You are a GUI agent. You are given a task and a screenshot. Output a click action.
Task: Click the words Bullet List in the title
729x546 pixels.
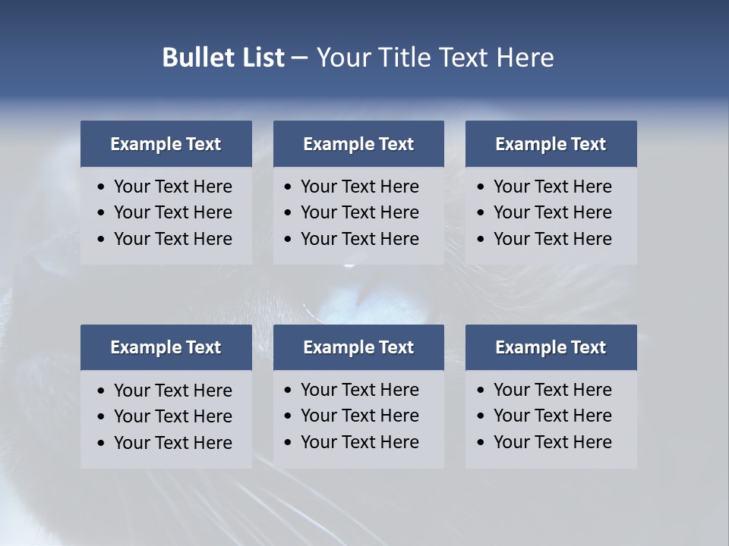coord(223,58)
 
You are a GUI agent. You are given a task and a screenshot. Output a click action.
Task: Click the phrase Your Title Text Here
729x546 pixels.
coord(434,58)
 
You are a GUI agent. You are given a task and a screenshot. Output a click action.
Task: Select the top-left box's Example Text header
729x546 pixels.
coord(166,144)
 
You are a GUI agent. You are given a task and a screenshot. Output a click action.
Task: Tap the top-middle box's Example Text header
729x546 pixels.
coord(358,144)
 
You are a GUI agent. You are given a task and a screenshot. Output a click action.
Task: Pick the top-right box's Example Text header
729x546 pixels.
coord(551,144)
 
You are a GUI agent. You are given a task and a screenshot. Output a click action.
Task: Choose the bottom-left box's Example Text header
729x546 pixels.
coord(166,347)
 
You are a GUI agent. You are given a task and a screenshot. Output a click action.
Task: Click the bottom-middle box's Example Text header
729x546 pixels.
coord(358,347)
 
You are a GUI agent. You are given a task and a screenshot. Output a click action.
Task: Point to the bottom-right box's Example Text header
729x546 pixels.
coord(551,347)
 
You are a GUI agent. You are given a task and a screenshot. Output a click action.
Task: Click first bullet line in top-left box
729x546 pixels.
coord(173,187)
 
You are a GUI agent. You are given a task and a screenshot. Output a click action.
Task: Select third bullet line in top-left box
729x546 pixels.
coord(173,239)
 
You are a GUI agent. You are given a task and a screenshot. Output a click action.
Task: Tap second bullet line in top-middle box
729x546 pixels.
coord(360,212)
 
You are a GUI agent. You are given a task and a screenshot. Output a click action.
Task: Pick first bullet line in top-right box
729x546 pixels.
coord(553,187)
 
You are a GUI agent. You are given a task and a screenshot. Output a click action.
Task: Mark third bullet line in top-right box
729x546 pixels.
coord(553,239)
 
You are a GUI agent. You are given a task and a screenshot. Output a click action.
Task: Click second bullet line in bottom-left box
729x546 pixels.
coord(173,416)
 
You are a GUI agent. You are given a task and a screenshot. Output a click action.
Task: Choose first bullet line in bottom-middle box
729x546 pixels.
coord(360,390)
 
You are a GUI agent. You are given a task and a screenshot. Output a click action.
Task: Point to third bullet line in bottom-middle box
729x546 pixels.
coord(360,442)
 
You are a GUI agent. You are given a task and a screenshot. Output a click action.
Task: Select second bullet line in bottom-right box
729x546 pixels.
coord(553,416)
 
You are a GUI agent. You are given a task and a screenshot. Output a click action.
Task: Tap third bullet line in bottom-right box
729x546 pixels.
coord(553,442)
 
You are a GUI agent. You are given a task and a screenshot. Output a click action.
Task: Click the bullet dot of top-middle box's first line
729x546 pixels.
coord(288,187)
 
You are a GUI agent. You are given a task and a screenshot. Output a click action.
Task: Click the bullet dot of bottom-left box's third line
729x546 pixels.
coord(102,444)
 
